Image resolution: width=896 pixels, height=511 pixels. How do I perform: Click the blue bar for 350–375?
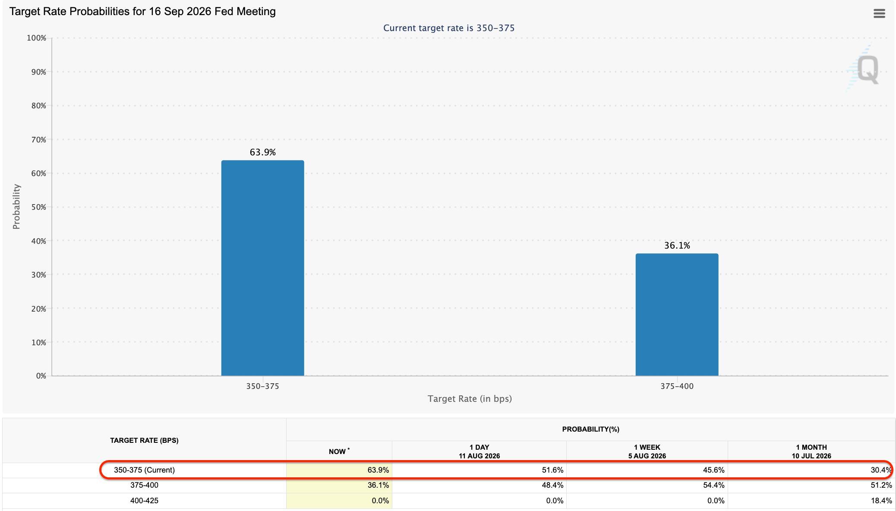(x=262, y=268)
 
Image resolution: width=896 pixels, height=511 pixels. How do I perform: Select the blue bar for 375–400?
(x=677, y=315)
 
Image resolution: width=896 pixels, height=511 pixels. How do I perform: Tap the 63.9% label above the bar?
(x=262, y=152)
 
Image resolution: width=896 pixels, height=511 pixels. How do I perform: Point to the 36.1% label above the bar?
(x=677, y=246)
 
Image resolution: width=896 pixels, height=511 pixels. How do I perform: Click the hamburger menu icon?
(x=879, y=14)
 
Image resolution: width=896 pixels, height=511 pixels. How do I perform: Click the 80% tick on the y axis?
(x=38, y=106)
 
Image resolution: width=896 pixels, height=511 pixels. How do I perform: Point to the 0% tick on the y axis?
(x=41, y=376)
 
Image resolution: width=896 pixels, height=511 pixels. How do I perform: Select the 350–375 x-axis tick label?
(x=262, y=386)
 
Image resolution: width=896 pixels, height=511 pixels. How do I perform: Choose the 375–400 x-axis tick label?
(x=677, y=386)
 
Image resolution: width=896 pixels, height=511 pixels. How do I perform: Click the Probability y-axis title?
(x=16, y=207)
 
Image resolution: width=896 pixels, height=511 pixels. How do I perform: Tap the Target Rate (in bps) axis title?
(x=470, y=399)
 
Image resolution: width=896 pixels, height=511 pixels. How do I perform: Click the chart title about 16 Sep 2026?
(x=142, y=12)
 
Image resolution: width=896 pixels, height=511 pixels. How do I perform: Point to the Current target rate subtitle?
(x=449, y=28)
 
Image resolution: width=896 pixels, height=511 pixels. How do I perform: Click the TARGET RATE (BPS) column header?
(x=144, y=440)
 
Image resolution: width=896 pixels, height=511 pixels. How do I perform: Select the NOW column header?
(x=339, y=451)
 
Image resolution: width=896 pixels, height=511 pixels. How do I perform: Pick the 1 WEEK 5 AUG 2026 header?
(x=647, y=451)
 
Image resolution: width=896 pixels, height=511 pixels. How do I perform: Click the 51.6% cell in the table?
(x=552, y=470)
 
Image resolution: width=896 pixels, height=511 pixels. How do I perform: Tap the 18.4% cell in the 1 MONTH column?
(x=881, y=501)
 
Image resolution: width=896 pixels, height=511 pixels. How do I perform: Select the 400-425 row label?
(x=144, y=501)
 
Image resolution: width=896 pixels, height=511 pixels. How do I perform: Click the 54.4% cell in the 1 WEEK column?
(x=713, y=485)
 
